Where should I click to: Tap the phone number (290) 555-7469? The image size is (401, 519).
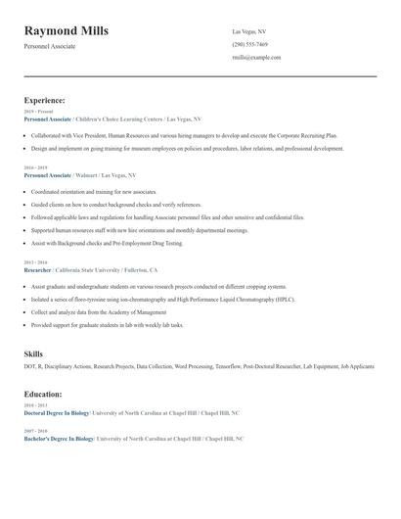click(249, 45)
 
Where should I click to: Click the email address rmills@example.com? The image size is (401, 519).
click(256, 58)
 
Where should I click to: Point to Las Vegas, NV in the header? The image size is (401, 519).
click(248, 32)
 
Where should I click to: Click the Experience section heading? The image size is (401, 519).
click(45, 100)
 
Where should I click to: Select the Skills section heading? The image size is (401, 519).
click(33, 353)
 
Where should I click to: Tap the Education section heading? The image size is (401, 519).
click(43, 394)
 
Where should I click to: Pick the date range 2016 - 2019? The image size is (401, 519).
click(34, 166)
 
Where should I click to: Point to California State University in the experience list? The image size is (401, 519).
click(87, 269)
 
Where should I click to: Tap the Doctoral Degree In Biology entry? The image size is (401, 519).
click(57, 413)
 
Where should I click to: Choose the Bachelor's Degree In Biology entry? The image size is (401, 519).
click(58, 439)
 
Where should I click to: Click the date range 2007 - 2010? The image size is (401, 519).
click(34, 431)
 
